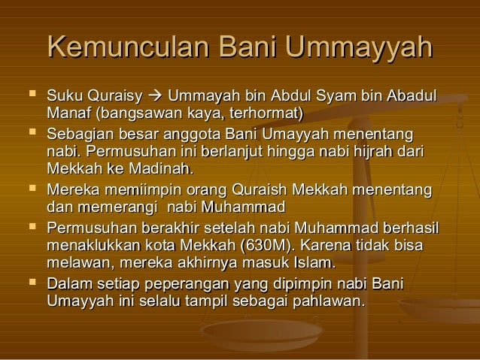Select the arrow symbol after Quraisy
click(156, 98)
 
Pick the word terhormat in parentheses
click(265, 114)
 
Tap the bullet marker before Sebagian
click(29, 135)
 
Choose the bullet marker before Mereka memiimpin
click(29, 190)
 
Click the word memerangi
click(117, 207)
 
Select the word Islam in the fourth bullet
click(315, 264)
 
